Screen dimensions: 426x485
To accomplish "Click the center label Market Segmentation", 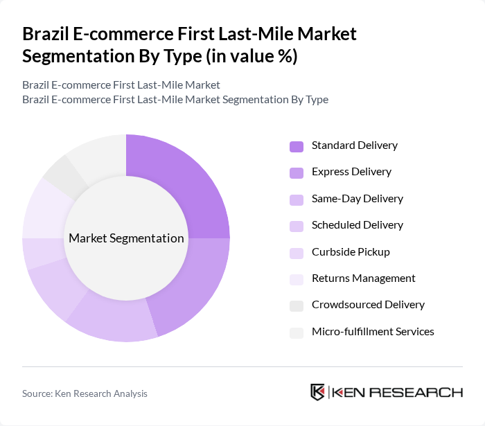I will [126, 238].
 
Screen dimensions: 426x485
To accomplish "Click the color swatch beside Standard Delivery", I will [297, 146].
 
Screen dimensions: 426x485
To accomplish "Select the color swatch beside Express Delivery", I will [297, 172].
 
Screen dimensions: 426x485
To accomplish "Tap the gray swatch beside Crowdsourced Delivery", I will [297, 305].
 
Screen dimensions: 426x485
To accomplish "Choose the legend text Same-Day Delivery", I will [357, 199].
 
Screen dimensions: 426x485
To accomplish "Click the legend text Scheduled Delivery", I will [357, 225].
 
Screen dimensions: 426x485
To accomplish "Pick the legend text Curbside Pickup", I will [351, 251].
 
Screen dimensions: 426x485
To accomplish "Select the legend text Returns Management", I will [363, 278].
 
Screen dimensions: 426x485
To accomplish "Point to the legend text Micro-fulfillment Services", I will [373, 332].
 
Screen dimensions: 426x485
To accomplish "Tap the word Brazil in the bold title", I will [44, 34].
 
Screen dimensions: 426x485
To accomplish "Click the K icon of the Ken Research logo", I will [318, 392].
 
